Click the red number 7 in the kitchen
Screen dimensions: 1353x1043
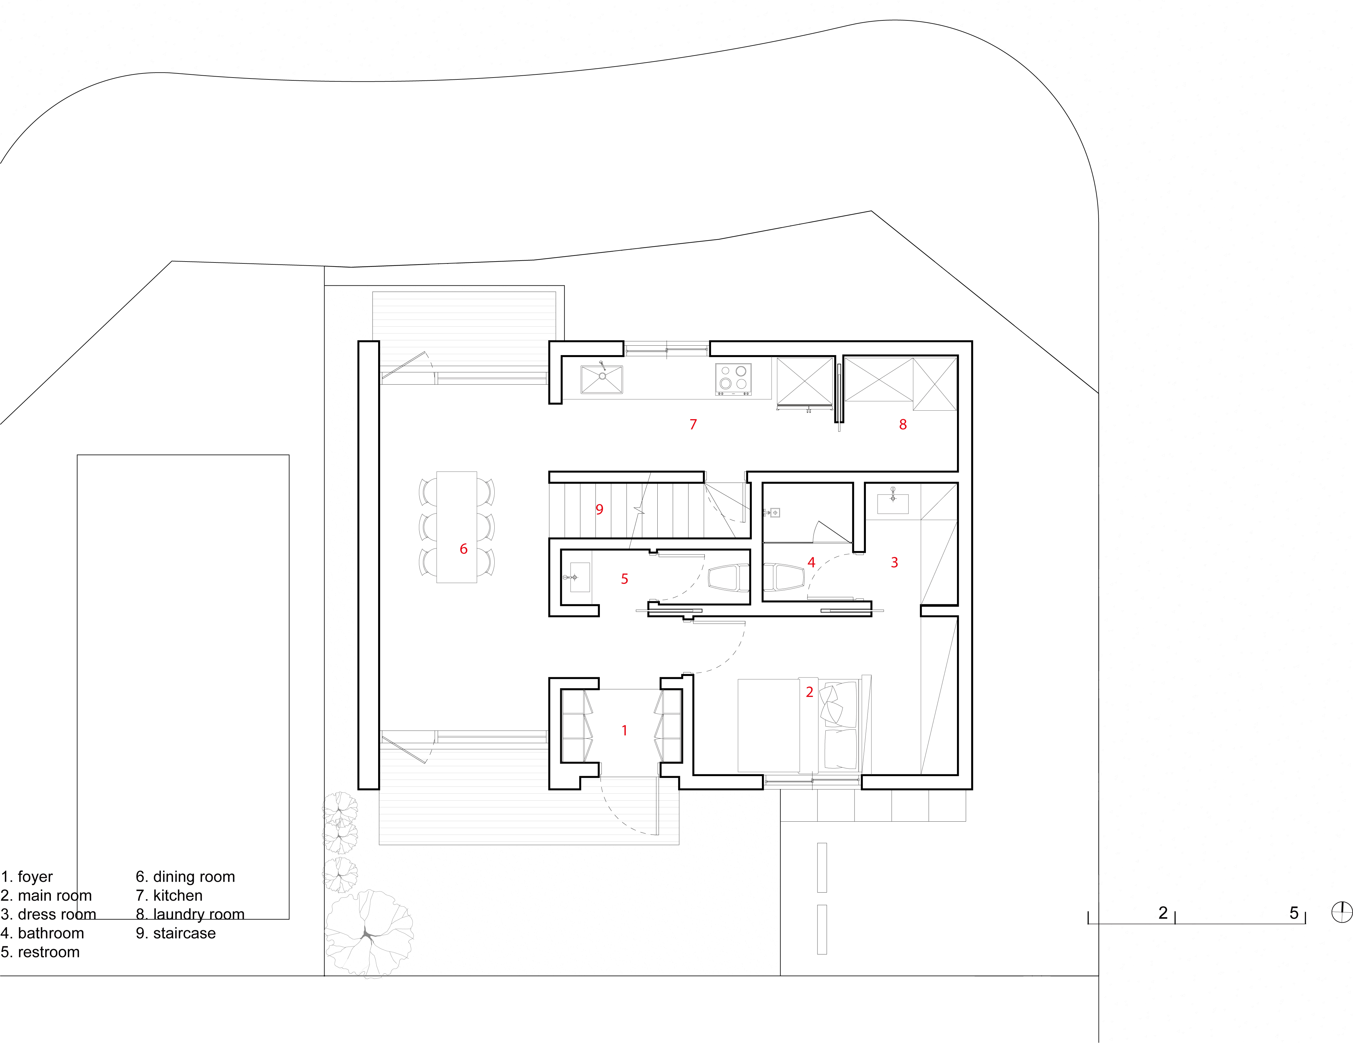(x=693, y=424)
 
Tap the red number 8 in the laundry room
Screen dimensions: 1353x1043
(x=903, y=424)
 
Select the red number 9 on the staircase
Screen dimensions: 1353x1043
(x=599, y=509)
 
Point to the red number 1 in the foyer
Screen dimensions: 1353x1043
(x=624, y=730)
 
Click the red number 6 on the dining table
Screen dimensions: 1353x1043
(x=463, y=549)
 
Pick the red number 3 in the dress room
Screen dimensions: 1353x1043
(x=894, y=562)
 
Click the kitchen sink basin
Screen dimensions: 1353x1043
(x=601, y=379)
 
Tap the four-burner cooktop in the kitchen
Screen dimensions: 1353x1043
(x=733, y=379)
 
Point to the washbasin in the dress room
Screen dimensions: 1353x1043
(x=893, y=503)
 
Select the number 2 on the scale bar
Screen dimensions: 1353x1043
(x=1163, y=913)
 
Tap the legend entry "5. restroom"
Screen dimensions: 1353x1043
(x=40, y=952)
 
